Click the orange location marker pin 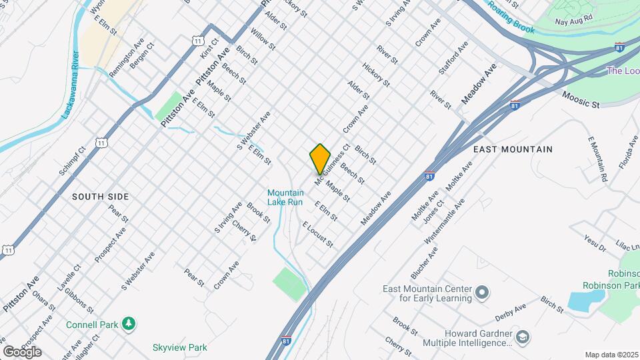point(320,159)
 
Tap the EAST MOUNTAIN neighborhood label point(513,149)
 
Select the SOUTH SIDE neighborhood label point(100,197)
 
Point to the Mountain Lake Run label point(285,197)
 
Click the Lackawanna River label point(71,85)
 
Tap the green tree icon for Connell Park point(129,325)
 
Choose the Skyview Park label point(179,347)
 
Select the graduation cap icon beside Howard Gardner point(523,337)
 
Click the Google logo point(22,351)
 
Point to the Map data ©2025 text point(611,355)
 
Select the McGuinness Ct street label point(332,165)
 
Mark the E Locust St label point(317,235)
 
